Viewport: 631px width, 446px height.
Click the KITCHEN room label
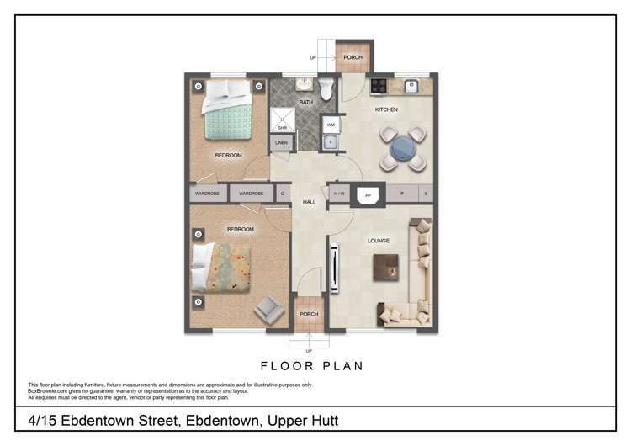tap(386, 109)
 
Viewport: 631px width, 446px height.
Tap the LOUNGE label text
tap(379, 241)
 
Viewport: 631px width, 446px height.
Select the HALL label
tap(309, 202)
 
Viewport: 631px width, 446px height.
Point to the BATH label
tap(305, 103)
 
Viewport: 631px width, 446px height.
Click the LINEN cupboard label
tap(281, 143)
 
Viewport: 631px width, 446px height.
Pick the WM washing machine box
tap(331, 124)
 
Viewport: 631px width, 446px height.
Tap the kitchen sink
tap(411, 85)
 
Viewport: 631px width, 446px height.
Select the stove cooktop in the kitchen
tap(379, 85)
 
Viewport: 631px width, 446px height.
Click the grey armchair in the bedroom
tap(269, 309)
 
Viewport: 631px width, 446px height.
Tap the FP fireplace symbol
tap(368, 194)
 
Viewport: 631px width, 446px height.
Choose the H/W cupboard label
tap(340, 194)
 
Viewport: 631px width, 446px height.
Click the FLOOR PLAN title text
tap(312, 366)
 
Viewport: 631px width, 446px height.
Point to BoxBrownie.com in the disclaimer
tap(47, 390)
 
